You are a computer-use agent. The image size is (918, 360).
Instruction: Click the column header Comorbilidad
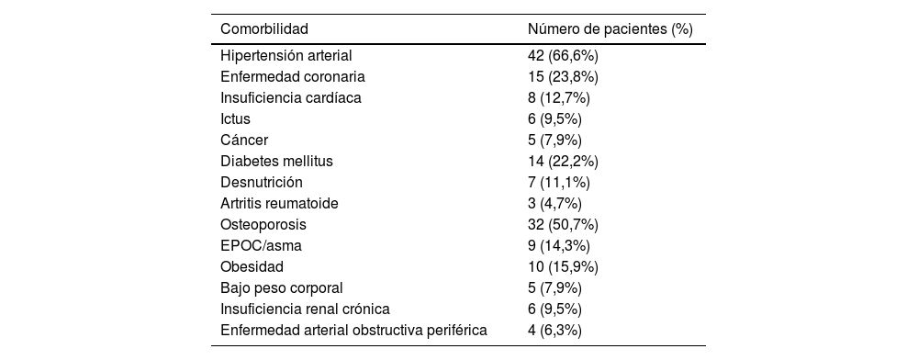264,28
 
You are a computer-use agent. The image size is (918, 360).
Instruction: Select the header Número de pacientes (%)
610,28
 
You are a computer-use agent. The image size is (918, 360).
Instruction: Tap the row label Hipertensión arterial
286,55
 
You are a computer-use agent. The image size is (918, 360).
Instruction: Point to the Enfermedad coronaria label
293,76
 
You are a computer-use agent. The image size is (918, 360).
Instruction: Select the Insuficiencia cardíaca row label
291,97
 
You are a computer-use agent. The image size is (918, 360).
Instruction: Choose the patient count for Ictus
554,118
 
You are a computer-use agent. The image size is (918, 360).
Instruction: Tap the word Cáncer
244,140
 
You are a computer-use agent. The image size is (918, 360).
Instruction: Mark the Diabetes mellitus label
276,161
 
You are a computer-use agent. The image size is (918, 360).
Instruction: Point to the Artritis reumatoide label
279,203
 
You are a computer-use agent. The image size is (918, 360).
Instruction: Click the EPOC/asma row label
261,245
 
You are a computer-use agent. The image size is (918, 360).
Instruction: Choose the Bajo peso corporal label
282,287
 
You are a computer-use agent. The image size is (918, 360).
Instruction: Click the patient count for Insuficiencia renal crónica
554,309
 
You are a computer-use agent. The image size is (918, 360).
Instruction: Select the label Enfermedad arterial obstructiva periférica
353,330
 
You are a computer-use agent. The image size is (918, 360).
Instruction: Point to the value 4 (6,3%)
554,330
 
